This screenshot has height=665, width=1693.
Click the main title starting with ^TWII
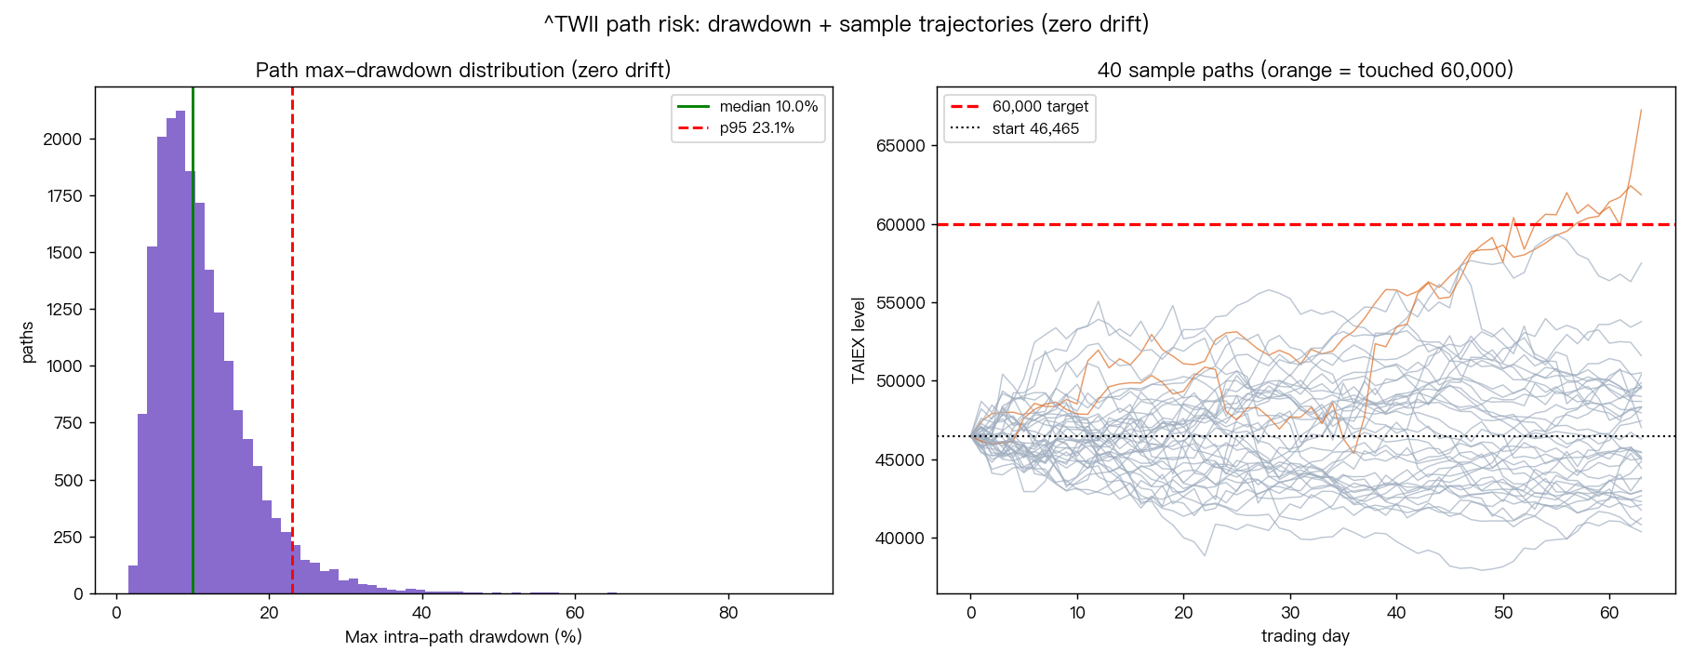point(846,24)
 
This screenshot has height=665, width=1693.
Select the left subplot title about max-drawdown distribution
point(463,71)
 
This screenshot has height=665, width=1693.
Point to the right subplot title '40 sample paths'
point(1305,71)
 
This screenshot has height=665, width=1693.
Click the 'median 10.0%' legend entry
point(748,107)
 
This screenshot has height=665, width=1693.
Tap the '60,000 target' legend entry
point(1020,107)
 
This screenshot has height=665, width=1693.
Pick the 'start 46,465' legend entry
point(1015,129)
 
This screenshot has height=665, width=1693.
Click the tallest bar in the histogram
point(180,352)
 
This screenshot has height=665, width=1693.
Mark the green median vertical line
point(193,340)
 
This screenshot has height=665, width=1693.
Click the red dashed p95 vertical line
point(292,340)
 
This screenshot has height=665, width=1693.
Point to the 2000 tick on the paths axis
point(63,140)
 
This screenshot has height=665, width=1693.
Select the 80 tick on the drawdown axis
point(728,613)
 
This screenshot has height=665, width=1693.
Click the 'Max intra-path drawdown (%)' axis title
point(463,637)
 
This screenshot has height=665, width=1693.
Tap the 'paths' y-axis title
point(27,341)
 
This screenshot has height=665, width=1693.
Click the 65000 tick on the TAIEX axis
point(900,146)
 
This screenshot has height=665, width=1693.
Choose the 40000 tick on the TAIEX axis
point(900,539)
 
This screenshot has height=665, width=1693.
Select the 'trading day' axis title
point(1305,637)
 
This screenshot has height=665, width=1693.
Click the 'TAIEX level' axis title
point(859,340)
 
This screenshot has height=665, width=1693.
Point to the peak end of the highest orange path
point(1641,110)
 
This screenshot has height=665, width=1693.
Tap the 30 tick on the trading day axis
point(1290,613)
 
